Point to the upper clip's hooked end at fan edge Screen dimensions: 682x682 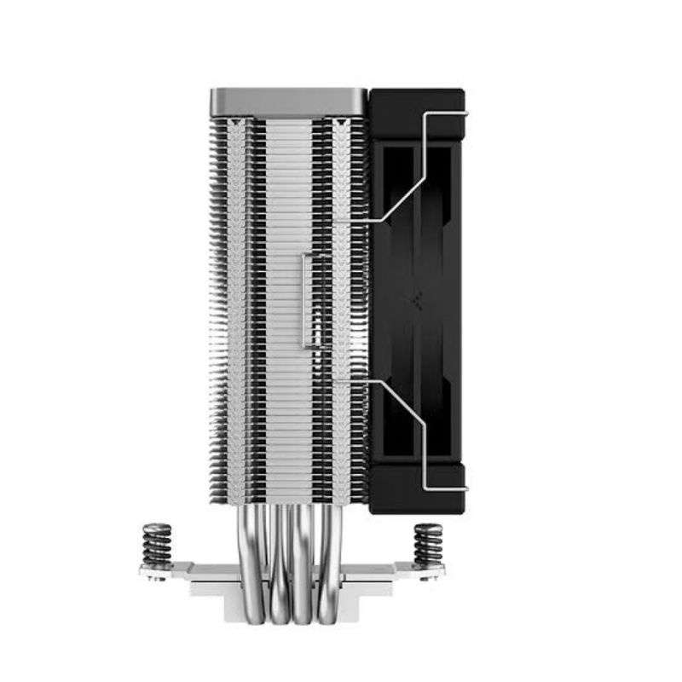tap(464, 111)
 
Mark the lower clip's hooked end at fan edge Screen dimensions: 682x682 tap(464, 488)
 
